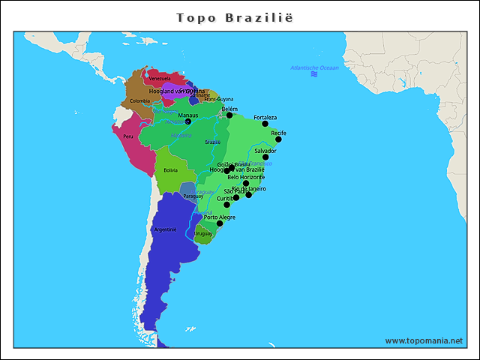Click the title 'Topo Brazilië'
click(x=240, y=17)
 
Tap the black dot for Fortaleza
click(x=265, y=124)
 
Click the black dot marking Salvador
click(x=265, y=157)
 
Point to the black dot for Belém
click(x=229, y=115)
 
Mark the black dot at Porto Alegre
click(x=220, y=223)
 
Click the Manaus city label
click(x=188, y=115)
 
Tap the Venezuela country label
click(x=159, y=78)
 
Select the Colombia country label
click(x=139, y=100)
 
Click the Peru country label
click(x=128, y=136)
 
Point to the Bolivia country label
click(x=170, y=170)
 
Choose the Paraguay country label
click(x=193, y=196)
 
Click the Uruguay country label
click(x=203, y=233)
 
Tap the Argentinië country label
click(x=164, y=229)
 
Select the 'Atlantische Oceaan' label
click(x=314, y=68)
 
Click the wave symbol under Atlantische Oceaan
click(x=313, y=75)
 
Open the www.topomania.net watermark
click(x=424, y=340)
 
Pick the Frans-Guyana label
click(x=219, y=99)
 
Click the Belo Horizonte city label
click(x=246, y=177)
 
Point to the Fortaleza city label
click(x=265, y=118)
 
